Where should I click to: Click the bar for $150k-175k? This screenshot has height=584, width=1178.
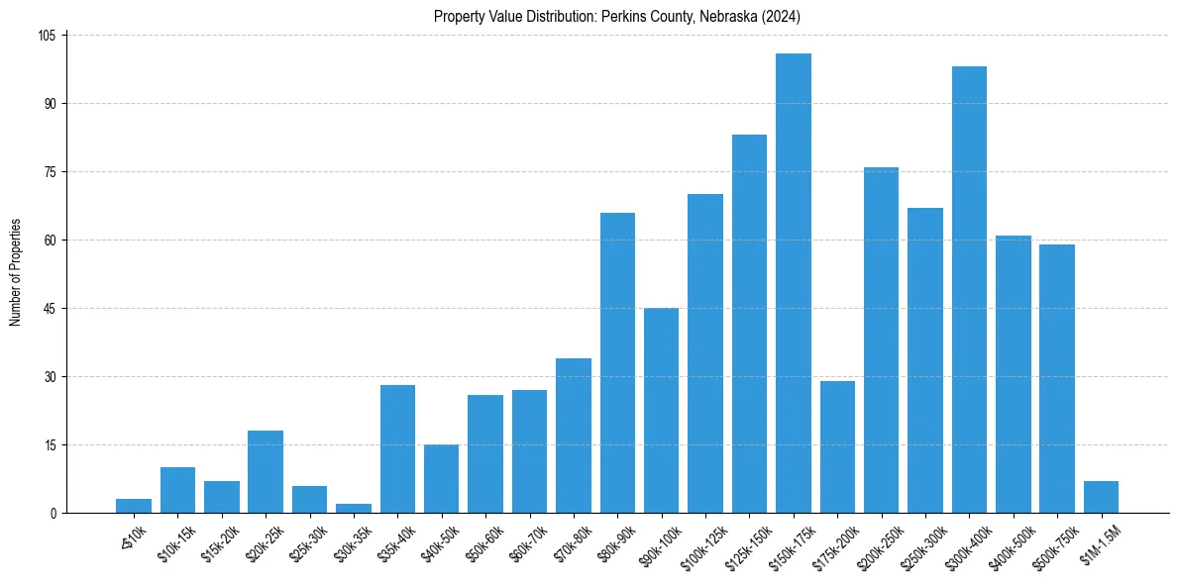point(793,283)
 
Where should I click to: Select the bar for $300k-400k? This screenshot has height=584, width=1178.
point(969,289)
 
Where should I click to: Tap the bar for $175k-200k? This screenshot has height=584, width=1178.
point(837,446)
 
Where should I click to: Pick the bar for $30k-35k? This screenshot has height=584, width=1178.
point(354,508)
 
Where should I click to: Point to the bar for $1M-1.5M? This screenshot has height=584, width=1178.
point(1101,497)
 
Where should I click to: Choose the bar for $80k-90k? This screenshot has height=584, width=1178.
point(617,362)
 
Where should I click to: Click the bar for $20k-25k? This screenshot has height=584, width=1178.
point(266,471)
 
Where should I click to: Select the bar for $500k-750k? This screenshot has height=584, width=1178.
point(1056,378)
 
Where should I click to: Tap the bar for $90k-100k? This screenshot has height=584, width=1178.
point(661,410)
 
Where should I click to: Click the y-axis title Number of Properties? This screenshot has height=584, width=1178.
point(15,272)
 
